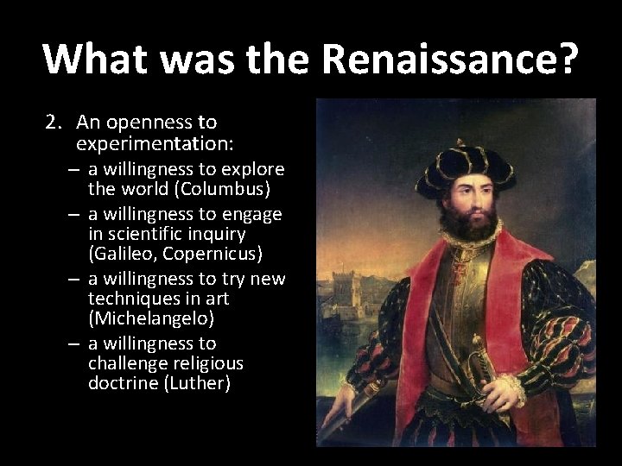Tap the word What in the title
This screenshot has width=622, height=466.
[92, 59]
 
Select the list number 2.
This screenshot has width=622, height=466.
[51, 123]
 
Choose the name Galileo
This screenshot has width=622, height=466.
[121, 254]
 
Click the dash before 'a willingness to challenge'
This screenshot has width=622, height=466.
[76, 343]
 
